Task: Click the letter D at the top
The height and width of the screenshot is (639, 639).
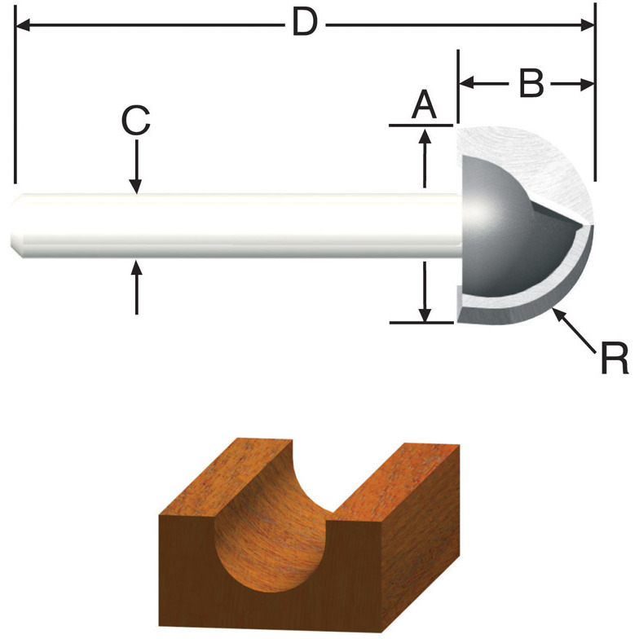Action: coord(304,24)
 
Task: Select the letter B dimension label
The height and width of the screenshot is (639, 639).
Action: coord(531,84)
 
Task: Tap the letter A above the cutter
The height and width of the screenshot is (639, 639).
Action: coord(423,105)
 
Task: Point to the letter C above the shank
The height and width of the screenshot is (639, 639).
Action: coord(136,121)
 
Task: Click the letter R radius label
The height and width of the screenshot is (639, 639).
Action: coord(614,358)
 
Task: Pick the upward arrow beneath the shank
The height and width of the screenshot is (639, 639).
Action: coord(136,267)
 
